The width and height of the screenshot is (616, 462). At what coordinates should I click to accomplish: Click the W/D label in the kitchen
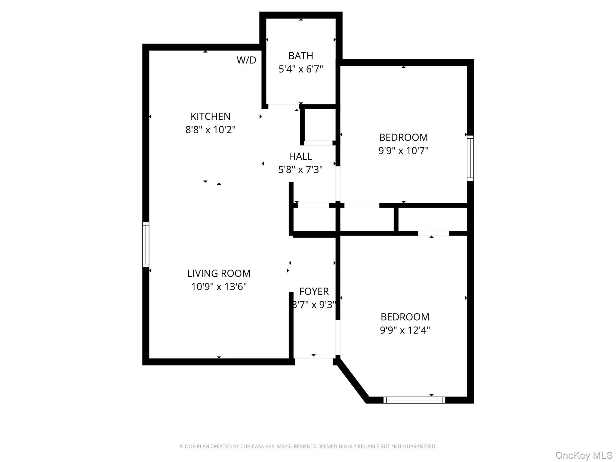pos(246,60)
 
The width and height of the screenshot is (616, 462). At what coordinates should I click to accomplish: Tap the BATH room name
pos(300,56)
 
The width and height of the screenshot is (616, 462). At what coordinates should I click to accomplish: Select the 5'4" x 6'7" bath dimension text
pos(300,69)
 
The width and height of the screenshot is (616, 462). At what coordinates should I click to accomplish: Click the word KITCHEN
pos(210,116)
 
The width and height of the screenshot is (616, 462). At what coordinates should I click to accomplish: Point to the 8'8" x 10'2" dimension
pos(210,130)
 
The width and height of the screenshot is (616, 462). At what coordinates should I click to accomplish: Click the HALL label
pos(300,156)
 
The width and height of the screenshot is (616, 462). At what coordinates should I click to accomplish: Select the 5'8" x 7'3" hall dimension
pos(300,170)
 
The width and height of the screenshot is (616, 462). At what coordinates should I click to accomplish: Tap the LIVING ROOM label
pos(219,273)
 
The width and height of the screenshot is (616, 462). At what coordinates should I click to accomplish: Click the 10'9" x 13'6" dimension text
pos(219,287)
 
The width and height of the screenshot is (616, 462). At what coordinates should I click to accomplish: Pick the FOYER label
pos(314,291)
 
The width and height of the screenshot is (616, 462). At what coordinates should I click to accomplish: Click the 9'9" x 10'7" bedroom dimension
pos(403,150)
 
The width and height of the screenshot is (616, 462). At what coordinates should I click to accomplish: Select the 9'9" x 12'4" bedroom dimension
pos(405,330)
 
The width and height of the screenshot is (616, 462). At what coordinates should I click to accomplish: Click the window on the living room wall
pos(146,245)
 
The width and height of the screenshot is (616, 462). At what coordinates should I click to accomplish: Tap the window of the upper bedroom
pos(470,158)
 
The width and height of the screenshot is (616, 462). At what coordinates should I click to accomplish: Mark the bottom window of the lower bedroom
pos(414,400)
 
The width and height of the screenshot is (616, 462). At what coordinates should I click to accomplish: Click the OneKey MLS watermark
pos(584,455)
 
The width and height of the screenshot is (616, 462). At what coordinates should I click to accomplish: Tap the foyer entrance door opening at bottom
pos(314,358)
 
